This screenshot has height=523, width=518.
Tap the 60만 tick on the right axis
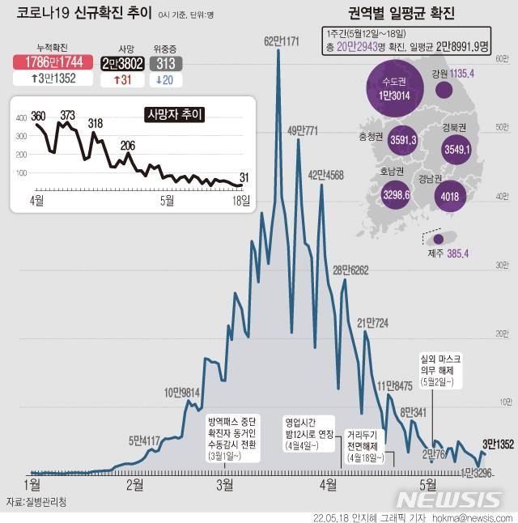click(x=502, y=57)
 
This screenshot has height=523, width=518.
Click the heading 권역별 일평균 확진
click(x=401, y=14)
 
